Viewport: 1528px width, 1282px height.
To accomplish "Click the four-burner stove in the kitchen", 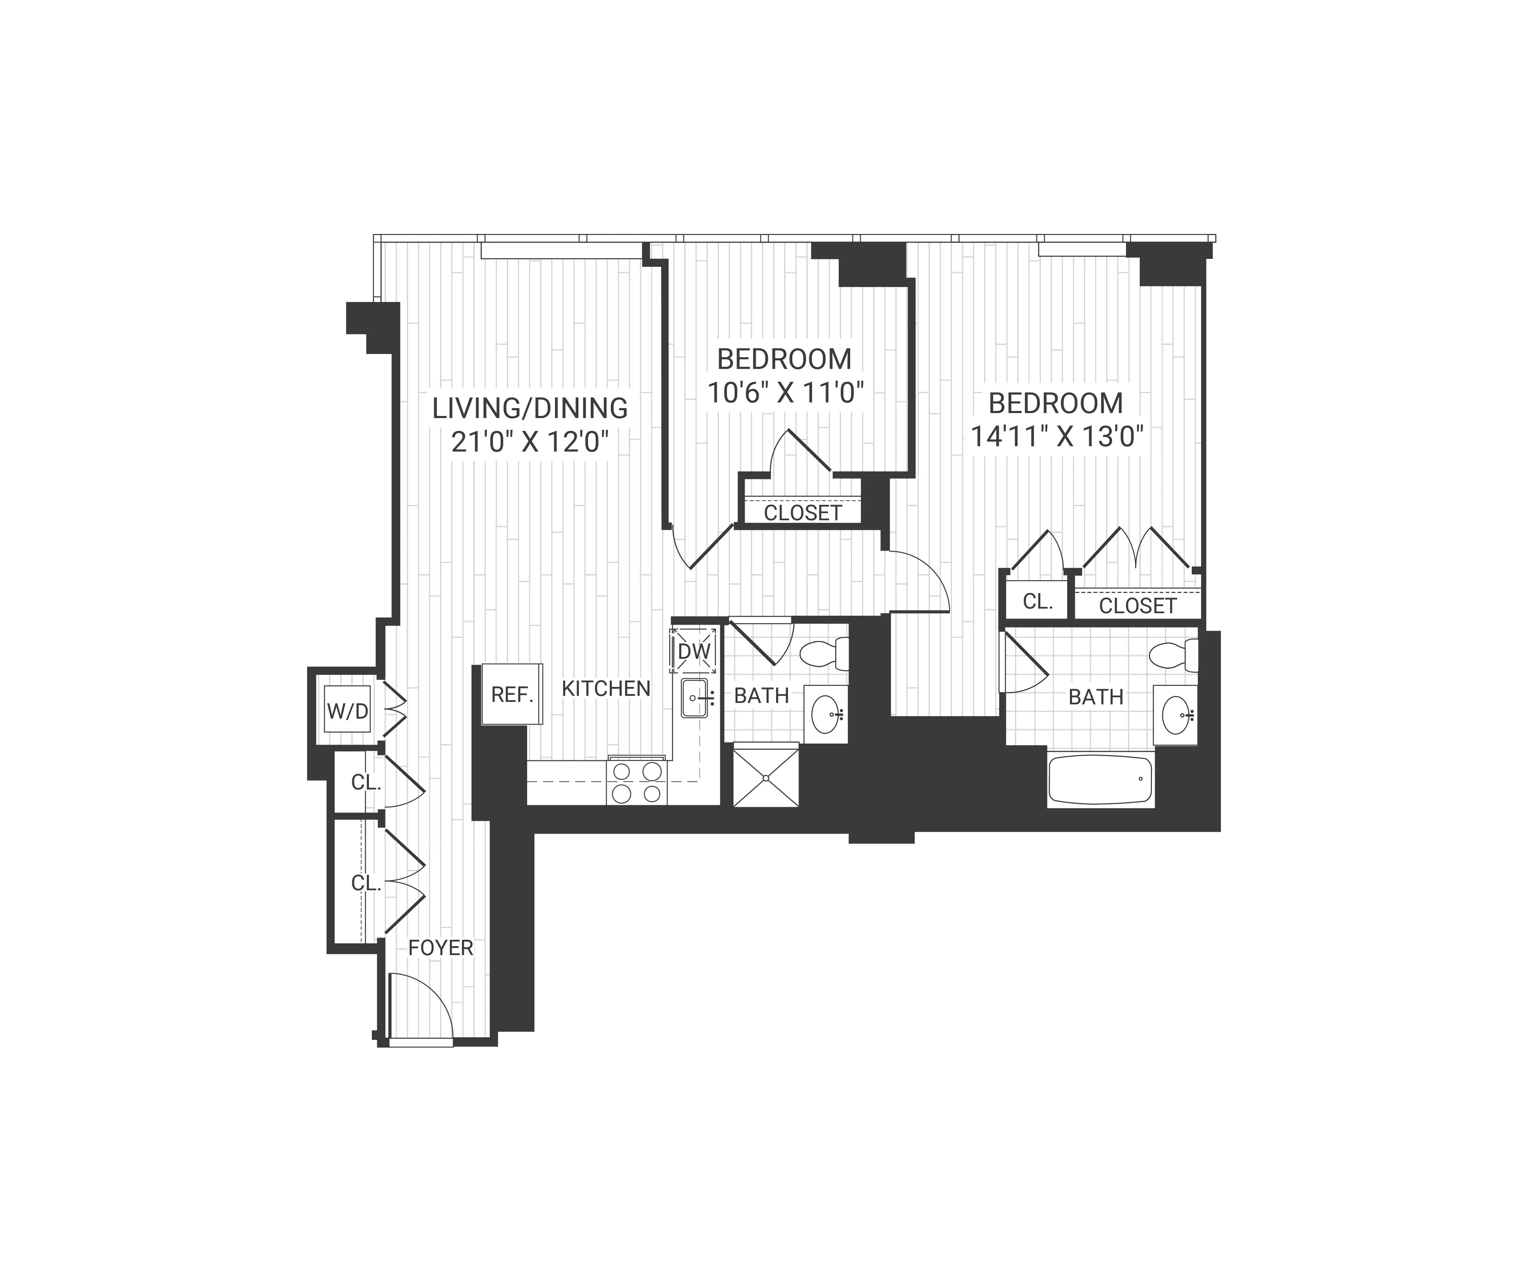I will tap(637, 782).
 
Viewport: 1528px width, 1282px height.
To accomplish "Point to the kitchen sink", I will tap(694, 698).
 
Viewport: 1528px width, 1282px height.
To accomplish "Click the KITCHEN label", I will tap(606, 688).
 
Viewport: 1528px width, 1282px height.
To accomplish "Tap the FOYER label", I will tap(441, 948).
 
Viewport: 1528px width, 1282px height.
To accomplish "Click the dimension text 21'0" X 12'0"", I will tap(530, 442).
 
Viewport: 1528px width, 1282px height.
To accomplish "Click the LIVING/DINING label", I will tap(530, 408).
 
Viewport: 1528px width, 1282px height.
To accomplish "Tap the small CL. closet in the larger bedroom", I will tap(1038, 602).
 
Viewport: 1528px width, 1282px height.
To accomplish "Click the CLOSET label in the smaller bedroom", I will tap(802, 513).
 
